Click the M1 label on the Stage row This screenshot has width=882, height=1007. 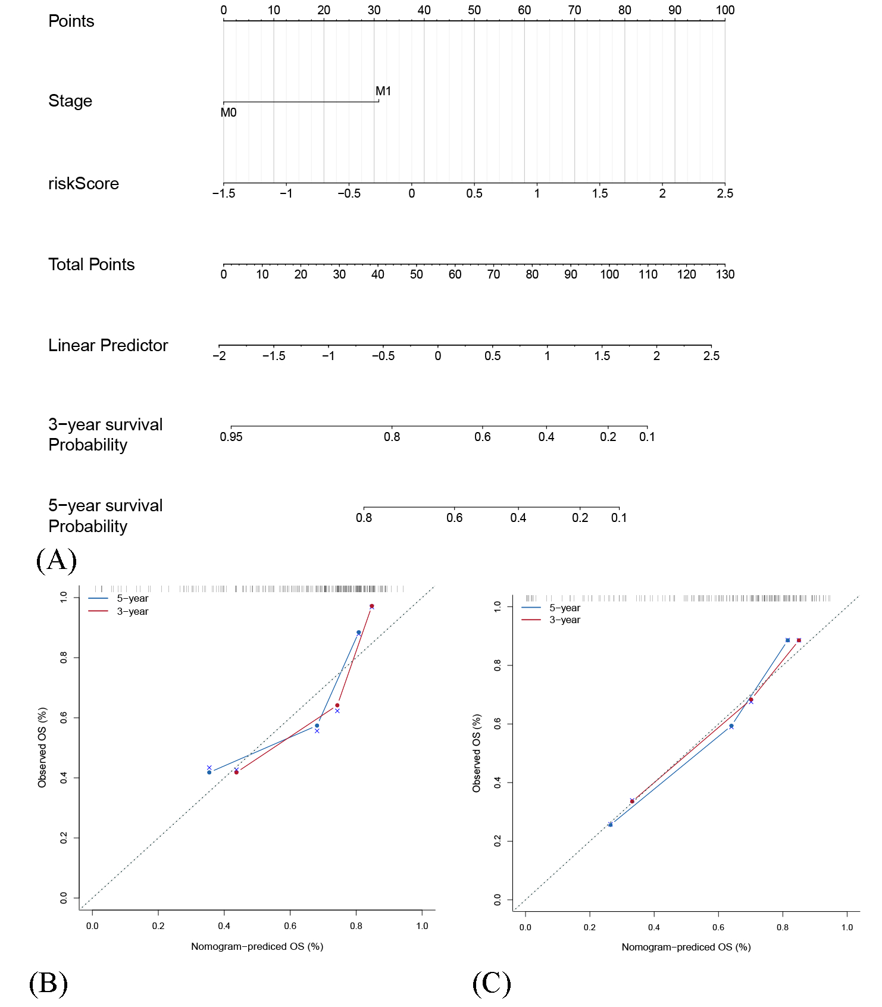pyautogui.click(x=383, y=91)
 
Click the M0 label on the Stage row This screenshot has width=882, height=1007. pyautogui.click(x=229, y=112)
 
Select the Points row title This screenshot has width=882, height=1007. pyautogui.click(x=71, y=21)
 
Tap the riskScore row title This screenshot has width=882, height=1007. pyautogui.click(x=83, y=184)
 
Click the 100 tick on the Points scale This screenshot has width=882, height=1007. pyautogui.click(x=725, y=10)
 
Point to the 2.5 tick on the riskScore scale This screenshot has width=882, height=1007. pyautogui.click(x=725, y=193)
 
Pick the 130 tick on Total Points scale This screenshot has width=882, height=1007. pyautogui.click(x=725, y=274)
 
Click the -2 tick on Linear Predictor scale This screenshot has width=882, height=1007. pyautogui.click(x=219, y=356)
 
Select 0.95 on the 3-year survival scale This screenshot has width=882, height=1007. pyautogui.click(x=231, y=437)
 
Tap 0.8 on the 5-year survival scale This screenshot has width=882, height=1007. pyautogui.click(x=364, y=518)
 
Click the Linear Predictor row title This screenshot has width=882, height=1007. pyautogui.click(x=108, y=346)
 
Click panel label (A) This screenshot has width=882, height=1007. pyautogui.click(x=57, y=560)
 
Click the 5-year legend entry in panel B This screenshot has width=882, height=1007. pyautogui.click(x=132, y=599)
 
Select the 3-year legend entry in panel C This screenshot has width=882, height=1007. pyautogui.click(x=564, y=620)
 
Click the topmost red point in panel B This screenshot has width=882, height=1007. pyautogui.click(x=372, y=606)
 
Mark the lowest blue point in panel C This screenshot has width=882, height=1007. pyautogui.click(x=611, y=824)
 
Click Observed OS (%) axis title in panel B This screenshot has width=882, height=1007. pyautogui.click(x=42, y=748)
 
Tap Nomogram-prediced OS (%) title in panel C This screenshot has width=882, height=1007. pyautogui.click(x=686, y=947)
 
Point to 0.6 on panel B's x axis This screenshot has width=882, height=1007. pyautogui.click(x=290, y=926)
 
